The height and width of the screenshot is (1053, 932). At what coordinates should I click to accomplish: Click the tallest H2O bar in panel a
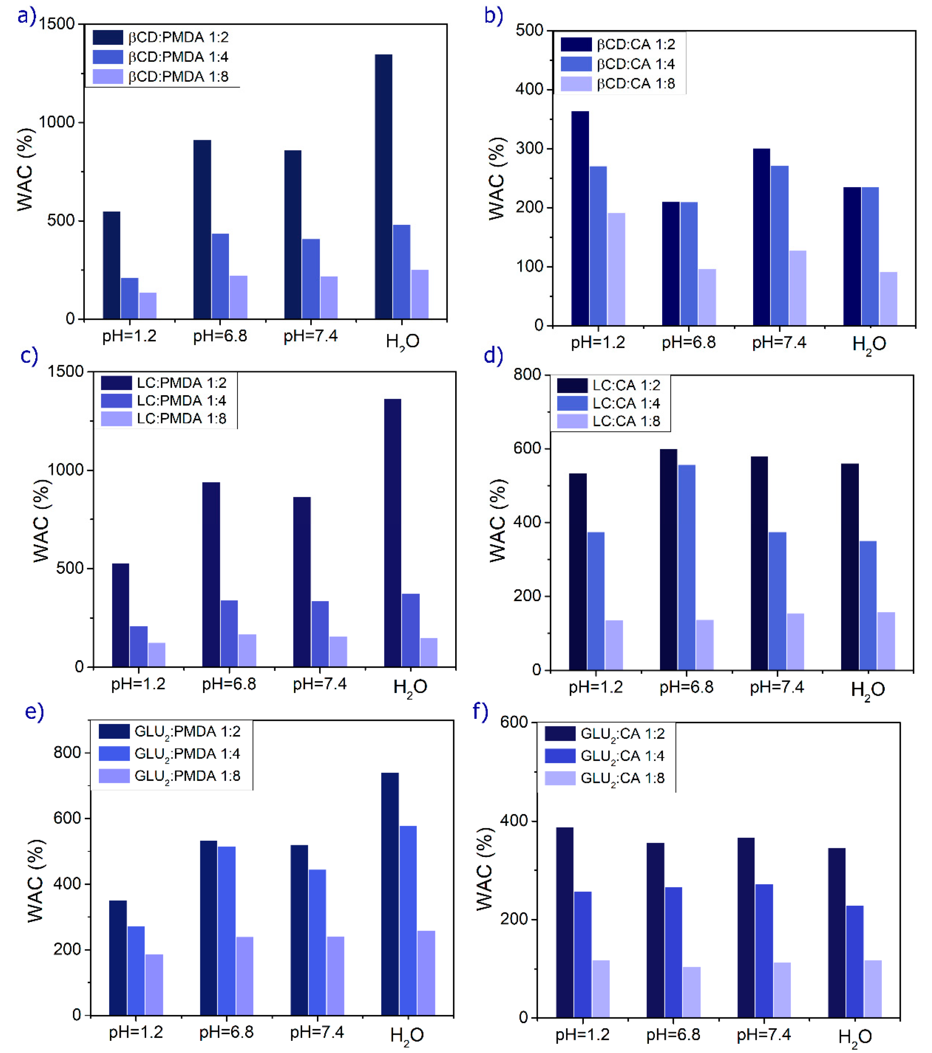tap(383, 187)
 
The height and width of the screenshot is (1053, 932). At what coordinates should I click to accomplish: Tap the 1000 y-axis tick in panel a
tap(57, 123)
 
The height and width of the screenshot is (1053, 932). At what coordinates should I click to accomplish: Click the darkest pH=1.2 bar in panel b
tap(580, 218)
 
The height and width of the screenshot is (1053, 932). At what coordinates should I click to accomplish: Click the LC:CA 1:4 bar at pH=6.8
tap(687, 567)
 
